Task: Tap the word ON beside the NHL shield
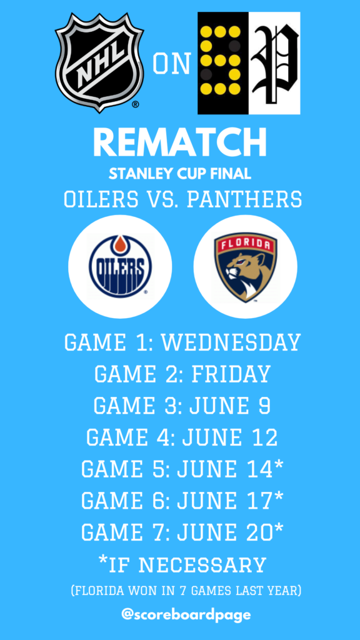coord(172,64)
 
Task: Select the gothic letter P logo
coord(275,63)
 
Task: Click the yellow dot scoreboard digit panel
coord(223,63)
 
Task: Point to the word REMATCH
coord(180,142)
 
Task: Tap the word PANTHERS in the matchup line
coord(244,199)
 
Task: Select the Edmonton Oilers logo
coord(120,266)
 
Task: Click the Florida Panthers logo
coord(245,267)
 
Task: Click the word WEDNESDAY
coord(231,343)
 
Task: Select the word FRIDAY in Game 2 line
coord(231,374)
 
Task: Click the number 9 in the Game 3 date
coord(264,406)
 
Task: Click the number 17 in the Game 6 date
coord(261,501)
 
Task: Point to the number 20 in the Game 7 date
coord(261,532)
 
